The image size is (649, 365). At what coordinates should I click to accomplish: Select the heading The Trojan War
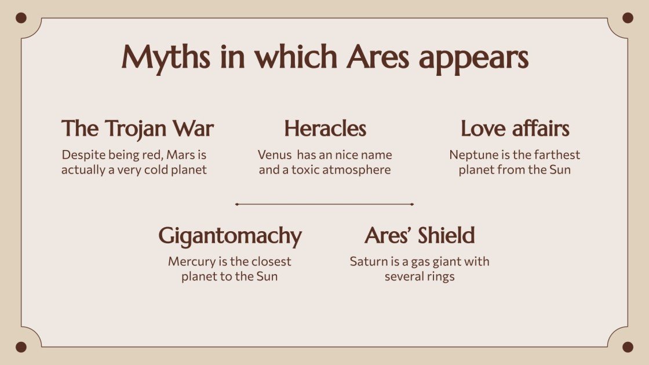point(137,129)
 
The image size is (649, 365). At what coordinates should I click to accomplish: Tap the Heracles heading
point(325,129)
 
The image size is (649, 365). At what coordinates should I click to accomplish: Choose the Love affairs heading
point(515,129)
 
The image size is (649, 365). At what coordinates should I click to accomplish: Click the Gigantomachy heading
point(230,236)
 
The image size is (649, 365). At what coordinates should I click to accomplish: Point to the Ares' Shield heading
point(420,235)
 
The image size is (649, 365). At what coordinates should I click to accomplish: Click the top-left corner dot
point(21,18)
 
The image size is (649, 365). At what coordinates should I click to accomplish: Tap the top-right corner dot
point(628,18)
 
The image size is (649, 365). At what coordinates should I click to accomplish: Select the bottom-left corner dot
point(21,347)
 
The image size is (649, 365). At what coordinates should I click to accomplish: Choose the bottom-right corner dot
point(628,347)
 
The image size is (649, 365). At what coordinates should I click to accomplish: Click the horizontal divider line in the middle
point(324,205)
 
